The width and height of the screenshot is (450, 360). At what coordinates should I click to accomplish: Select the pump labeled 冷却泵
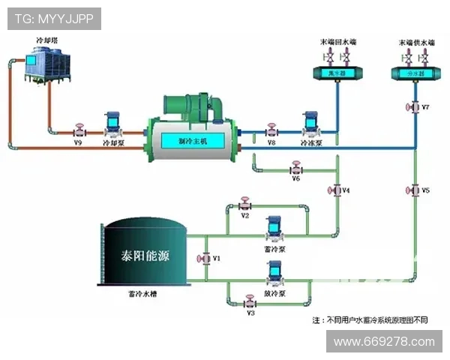click(112, 123)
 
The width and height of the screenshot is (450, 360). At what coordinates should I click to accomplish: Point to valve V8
click(271, 130)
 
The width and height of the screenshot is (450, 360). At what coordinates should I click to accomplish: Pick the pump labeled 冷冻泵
click(310, 123)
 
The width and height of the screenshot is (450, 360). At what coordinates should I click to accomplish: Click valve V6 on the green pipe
click(295, 169)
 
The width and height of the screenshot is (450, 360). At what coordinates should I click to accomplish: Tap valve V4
click(335, 190)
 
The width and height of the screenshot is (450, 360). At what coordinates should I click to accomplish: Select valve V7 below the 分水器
click(415, 107)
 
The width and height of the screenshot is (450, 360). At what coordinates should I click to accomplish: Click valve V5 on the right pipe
click(415, 190)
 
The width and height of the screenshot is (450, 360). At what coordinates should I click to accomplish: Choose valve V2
click(244, 204)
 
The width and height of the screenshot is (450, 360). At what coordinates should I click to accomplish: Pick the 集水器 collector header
click(335, 73)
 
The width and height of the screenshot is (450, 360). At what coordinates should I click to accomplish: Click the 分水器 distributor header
click(415, 73)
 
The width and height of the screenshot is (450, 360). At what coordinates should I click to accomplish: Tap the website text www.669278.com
click(384, 342)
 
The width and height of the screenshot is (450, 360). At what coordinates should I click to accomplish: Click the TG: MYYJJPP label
click(54, 19)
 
